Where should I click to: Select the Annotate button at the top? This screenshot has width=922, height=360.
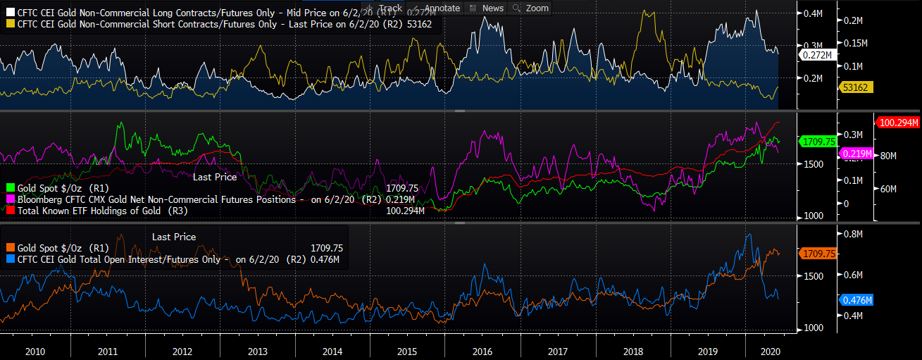tap(436, 8)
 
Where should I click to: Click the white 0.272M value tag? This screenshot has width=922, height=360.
tap(818, 54)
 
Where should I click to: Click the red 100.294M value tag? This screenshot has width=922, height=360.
tap(897, 123)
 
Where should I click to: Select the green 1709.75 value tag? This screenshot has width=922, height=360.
tap(818, 142)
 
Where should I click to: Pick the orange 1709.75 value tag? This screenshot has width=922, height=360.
tap(818, 252)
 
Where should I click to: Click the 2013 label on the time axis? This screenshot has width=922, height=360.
tap(257, 351)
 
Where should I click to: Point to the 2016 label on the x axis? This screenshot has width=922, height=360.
tap(482, 351)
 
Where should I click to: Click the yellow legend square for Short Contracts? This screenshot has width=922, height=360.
tap(9, 24)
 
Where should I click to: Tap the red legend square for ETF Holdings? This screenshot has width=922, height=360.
tap(9, 210)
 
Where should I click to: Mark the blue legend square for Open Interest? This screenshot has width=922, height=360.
tap(9, 259)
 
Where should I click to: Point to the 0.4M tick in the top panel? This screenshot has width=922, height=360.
tap(814, 13)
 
